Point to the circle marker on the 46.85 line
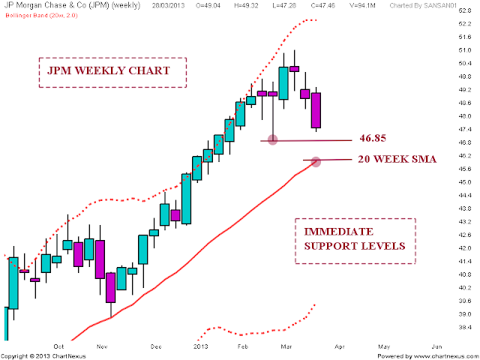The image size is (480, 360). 272,139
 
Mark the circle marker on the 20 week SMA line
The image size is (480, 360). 316,161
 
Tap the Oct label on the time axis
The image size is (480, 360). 59,346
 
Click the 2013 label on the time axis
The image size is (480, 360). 201,346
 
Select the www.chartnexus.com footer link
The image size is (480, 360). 424,355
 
